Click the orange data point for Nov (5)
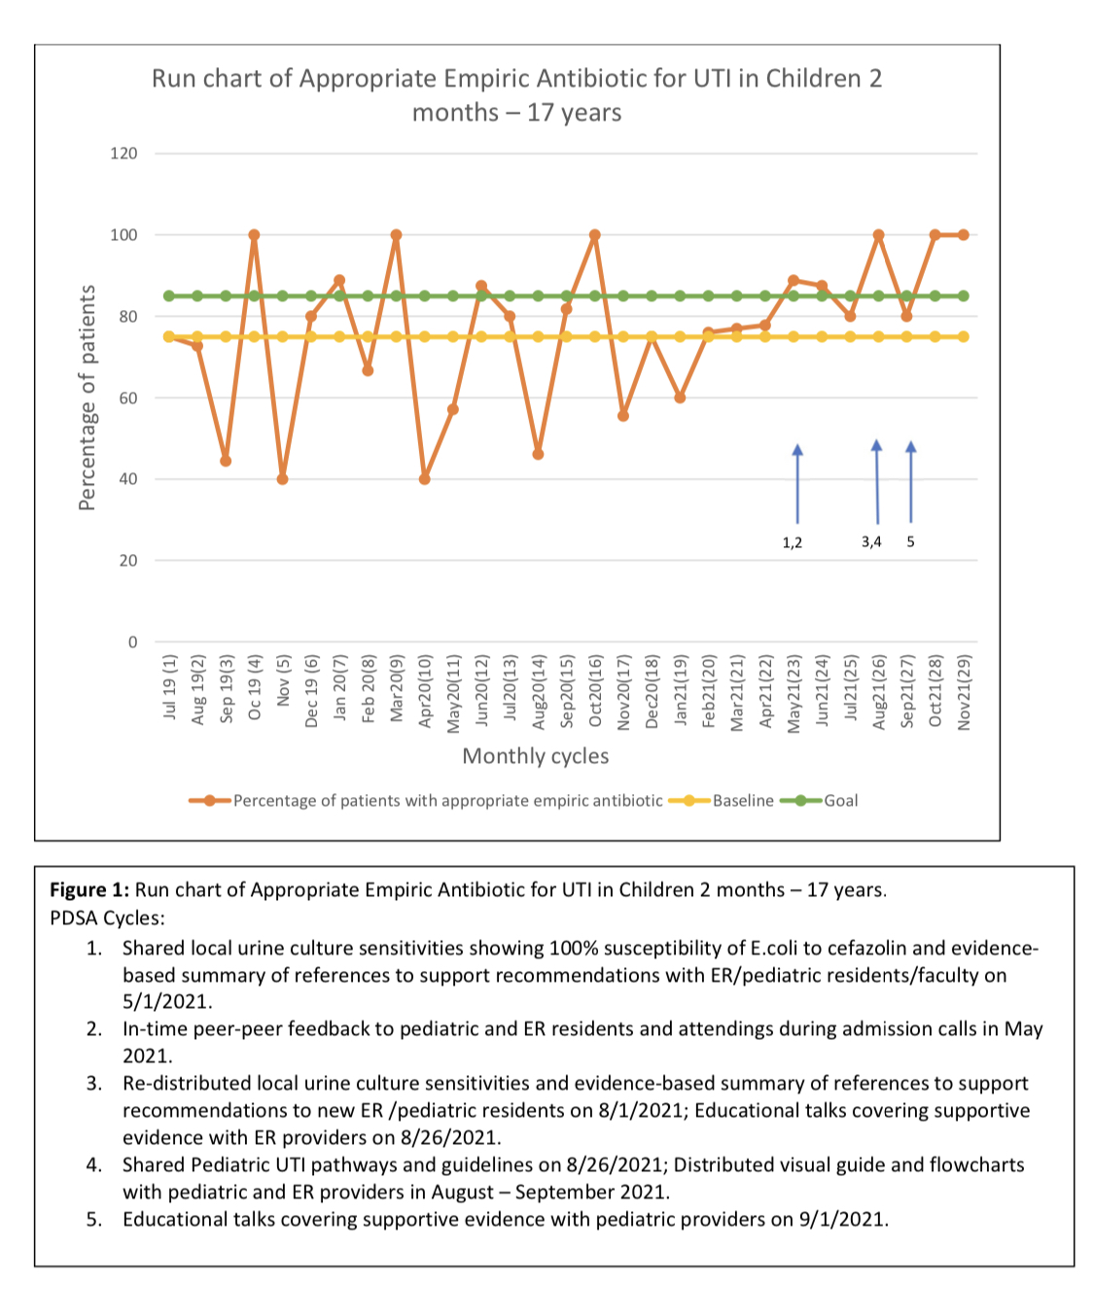(282, 479)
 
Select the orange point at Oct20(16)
(594, 235)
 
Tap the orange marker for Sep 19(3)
(226, 461)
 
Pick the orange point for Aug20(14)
(538, 454)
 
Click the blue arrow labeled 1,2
(797, 483)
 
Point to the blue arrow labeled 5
(910, 481)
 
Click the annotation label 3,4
(871, 541)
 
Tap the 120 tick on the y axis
(124, 154)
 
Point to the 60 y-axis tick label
(128, 398)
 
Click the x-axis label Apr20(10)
(424, 691)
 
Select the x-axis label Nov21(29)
(964, 692)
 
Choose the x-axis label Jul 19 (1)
(169, 686)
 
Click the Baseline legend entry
(721, 801)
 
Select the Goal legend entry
(819, 801)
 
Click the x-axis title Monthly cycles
(536, 756)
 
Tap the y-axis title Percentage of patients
(87, 398)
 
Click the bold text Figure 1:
(89, 889)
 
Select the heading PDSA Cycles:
(107, 918)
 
